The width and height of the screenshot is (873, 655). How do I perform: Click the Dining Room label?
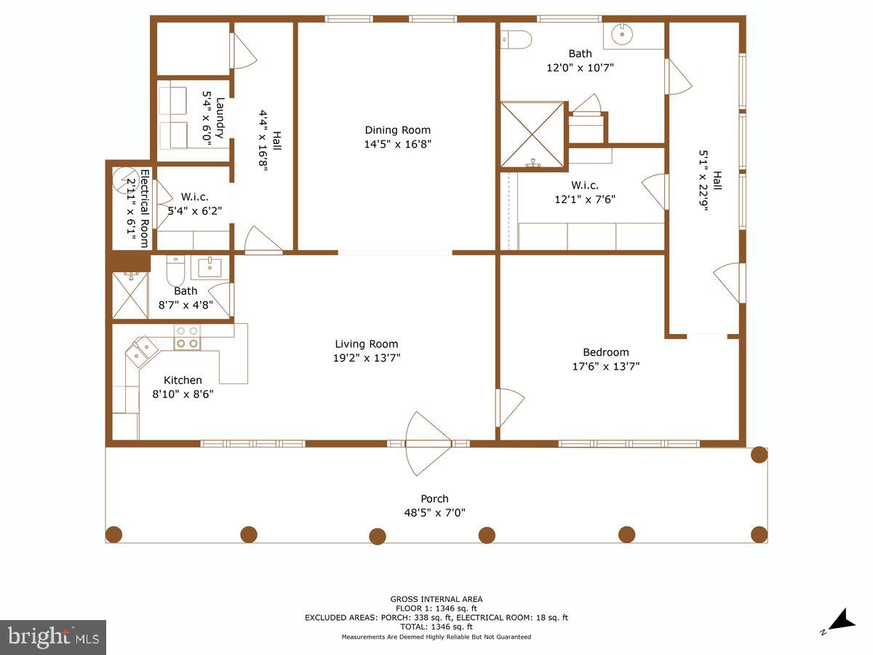(x=398, y=130)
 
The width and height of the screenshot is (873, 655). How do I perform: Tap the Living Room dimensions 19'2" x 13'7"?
(x=367, y=357)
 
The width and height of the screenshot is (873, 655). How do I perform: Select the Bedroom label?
(x=605, y=352)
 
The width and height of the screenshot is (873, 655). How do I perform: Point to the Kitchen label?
(x=183, y=380)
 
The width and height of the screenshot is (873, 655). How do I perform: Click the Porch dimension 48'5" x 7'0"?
(x=435, y=512)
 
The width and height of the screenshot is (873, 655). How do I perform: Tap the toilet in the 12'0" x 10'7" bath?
(x=517, y=39)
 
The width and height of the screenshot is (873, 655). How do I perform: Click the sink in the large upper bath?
(x=623, y=33)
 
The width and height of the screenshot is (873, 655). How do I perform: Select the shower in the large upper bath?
(x=533, y=135)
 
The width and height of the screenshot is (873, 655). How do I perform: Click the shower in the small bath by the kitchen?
(x=130, y=294)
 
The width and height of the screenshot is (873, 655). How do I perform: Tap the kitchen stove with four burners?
(x=187, y=337)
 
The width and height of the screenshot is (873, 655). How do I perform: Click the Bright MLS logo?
(x=53, y=638)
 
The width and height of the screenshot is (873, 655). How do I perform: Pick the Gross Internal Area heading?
(x=436, y=599)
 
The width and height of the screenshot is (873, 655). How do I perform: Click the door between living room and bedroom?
(x=509, y=408)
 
